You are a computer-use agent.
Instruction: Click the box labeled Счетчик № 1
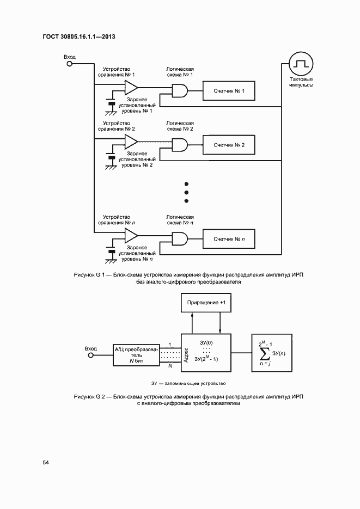point(229,91)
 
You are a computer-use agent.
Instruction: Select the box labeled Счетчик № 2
point(229,145)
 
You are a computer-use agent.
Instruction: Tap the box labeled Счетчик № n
point(229,238)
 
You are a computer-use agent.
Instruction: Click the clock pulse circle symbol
point(298,64)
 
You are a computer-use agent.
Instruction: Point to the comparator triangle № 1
point(131,87)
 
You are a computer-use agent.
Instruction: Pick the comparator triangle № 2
point(131,142)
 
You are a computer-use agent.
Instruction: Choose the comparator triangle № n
point(131,235)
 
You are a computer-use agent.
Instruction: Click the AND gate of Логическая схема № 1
point(180,91)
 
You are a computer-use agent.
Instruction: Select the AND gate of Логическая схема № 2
point(180,145)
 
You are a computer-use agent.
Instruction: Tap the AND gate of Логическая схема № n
point(180,238)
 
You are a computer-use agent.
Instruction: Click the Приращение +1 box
point(206,303)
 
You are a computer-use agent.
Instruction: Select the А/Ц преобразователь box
point(136,354)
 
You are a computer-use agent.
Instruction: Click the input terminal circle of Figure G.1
point(69,63)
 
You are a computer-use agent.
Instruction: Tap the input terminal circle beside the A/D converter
point(91,354)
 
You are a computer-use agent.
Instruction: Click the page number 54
point(46,462)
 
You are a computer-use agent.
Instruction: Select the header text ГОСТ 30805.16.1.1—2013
point(81,37)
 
